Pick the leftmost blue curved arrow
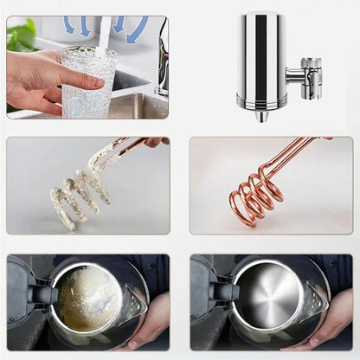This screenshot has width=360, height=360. click(x=69, y=25)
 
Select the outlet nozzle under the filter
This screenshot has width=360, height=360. click(x=260, y=115)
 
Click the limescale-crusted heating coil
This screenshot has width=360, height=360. click(x=79, y=191)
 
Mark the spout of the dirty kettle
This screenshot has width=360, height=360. click(x=133, y=303)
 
